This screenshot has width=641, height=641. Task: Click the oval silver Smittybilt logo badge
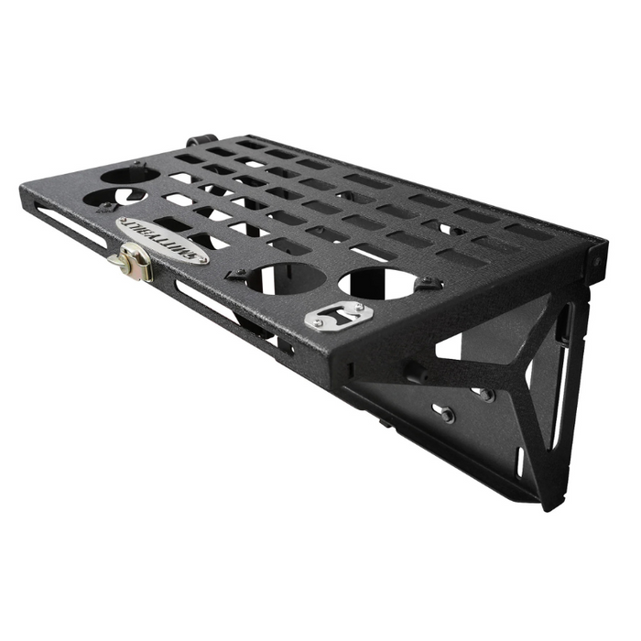(x=162, y=240)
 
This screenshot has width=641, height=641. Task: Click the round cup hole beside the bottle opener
(x=377, y=283)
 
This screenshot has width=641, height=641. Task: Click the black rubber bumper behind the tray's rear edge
(x=195, y=141)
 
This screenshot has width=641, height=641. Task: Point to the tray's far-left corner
(x=22, y=188)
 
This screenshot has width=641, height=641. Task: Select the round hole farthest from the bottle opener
(x=131, y=174)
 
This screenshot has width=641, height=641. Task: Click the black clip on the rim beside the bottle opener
(x=423, y=286)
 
